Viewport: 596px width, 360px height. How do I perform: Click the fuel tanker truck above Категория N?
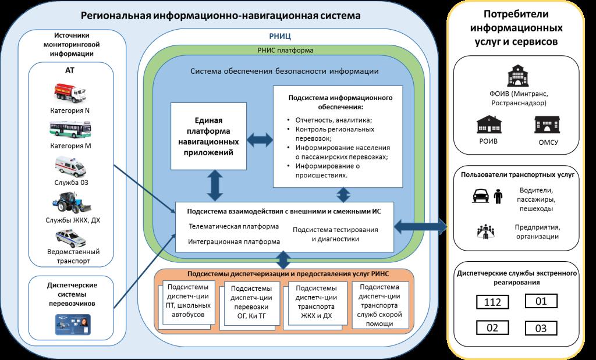[70, 94]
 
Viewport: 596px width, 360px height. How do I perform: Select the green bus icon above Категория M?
[70, 130]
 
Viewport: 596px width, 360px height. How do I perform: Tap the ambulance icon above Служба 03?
[70, 166]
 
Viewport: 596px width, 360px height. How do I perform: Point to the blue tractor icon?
[72, 203]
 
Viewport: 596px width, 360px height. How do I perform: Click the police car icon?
[70, 238]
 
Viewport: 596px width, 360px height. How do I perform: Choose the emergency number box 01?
[541, 301]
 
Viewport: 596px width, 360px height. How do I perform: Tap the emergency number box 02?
[492, 327]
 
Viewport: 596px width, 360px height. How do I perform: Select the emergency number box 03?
[541, 327]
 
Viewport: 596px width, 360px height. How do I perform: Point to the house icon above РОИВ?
[489, 124]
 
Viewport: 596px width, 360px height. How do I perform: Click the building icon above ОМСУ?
[547, 124]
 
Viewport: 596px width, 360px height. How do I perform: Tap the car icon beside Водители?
[481, 195]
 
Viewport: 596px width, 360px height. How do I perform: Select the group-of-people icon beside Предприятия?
[485, 231]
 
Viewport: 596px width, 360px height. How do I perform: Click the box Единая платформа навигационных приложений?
[209, 136]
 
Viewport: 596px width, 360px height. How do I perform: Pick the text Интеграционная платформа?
[234, 241]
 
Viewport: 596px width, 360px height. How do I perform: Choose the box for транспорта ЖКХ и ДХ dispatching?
[315, 302]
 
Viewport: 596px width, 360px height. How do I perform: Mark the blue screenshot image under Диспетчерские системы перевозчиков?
[73, 324]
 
